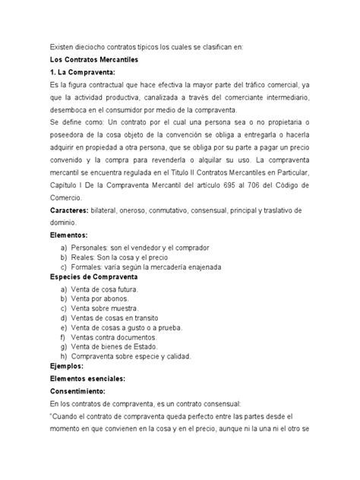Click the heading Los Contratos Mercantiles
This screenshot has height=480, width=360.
[x=95, y=60]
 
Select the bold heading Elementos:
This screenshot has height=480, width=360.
[x=69, y=236]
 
